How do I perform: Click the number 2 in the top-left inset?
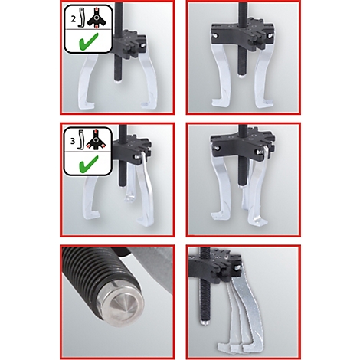[74, 19]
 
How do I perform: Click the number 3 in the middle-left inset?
[73, 141]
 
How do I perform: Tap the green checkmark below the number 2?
[89, 41]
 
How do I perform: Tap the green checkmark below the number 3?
[89, 164]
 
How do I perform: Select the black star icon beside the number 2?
[97, 18]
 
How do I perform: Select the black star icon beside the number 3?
[96, 140]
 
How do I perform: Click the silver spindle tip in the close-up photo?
[124, 306]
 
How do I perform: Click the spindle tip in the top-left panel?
[118, 82]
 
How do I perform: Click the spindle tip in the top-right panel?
[242, 76]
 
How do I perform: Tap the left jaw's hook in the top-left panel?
[86, 105]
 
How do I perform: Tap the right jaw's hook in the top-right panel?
[264, 104]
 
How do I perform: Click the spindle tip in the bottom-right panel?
[205, 322]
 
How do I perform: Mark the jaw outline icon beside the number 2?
[81, 18]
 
